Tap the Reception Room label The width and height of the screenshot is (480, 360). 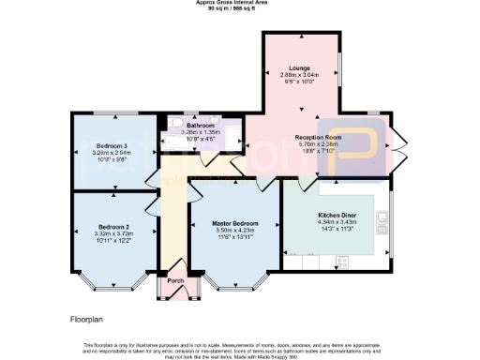[318, 137]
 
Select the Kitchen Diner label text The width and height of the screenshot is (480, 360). [335, 215]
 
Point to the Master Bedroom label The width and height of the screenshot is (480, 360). [235, 221]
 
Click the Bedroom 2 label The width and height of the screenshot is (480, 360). [113, 226]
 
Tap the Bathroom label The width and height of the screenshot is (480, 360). [201, 126]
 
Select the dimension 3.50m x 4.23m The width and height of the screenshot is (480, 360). [235, 229]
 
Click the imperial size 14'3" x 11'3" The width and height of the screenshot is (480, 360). [335, 230]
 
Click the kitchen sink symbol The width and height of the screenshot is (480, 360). [382, 222]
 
